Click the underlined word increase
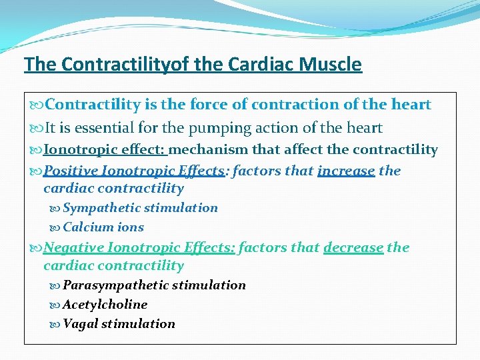(x=346, y=171)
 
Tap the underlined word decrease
(x=353, y=248)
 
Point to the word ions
(x=131, y=227)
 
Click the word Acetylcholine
(x=105, y=305)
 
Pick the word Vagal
(x=80, y=324)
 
